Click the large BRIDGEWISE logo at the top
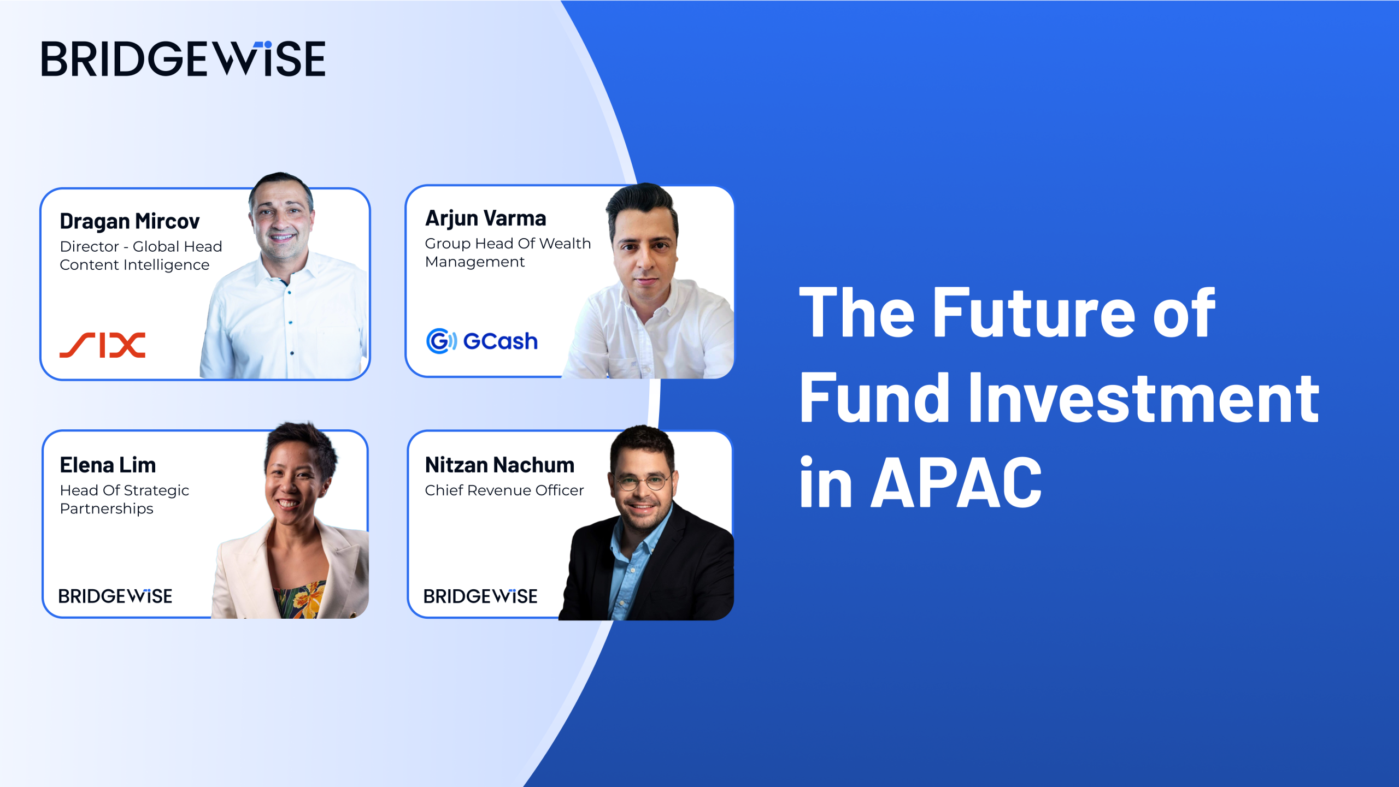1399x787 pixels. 183,58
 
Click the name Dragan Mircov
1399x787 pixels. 130,221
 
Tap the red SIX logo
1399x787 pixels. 102,345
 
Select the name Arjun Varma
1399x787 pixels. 485,218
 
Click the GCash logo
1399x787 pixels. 481,341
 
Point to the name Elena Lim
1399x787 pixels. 108,465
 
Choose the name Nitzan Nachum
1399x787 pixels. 499,465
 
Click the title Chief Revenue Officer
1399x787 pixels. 504,490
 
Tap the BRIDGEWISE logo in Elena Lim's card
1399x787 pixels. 115,596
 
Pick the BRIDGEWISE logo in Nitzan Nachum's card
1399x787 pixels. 480,596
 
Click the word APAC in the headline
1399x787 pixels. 956,483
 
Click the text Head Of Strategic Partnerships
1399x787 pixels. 124,499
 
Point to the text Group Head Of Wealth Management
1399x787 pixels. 507,252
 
